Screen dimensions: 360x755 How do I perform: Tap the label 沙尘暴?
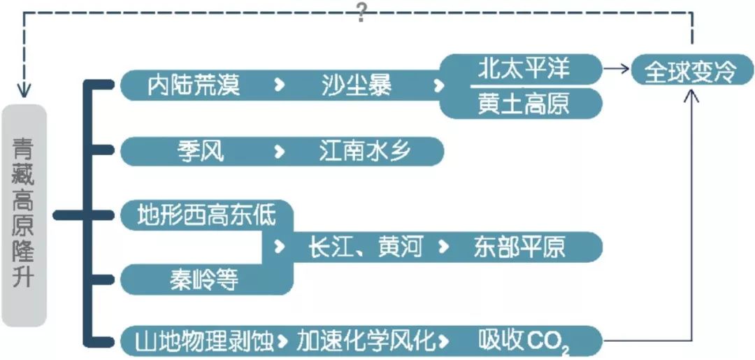pyautogui.click(x=357, y=85)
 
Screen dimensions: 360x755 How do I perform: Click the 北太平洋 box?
pyautogui.click(x=524, y=69)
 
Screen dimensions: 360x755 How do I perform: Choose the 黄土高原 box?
pyautogui.click(x=524, y=103)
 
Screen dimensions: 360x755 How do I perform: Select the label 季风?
pyautogui.click(x=201, y=151)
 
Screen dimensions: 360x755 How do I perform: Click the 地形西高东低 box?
pyautogui.click(x=207, y=215)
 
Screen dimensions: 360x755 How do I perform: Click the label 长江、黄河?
pyautogui.click(x=366, y=247)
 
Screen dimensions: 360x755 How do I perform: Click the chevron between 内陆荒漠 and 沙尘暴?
pyautogui.click(x=279, y=85)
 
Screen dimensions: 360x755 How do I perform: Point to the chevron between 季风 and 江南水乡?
pyautogui.click(x=279, y=151)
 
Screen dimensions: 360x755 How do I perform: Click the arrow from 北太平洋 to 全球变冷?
pyautogui.click(x=616, y=69)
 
